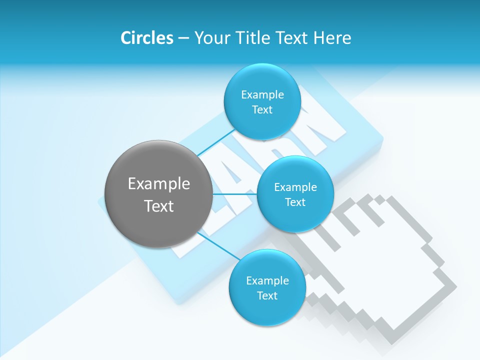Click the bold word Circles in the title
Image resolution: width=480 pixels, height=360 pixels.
click(x=146, y=38)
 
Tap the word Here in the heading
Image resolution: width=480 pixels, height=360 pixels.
click(x=332, y=38)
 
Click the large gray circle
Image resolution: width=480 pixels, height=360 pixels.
click(x=159, y=194)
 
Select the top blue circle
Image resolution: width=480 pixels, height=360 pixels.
click(x=262, y=102)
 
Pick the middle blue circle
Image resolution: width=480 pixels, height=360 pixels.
click(x=295, y=194)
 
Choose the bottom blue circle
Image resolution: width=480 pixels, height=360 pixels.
click(x=267, y=288)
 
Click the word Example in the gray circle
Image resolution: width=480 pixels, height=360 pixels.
click(x=159, y=183)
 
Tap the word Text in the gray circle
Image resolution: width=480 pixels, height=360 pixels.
click(x=159, y=206)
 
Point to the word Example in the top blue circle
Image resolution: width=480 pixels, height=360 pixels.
click(x=262, y=94)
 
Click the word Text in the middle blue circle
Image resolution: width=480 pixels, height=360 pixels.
click(x=295, y=202)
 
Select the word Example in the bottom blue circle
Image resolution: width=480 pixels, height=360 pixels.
click(x=267, y=280)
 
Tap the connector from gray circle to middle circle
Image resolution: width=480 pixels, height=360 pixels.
click(x=235, y=194)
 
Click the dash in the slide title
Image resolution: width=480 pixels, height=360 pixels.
click(x=183, y=38)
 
